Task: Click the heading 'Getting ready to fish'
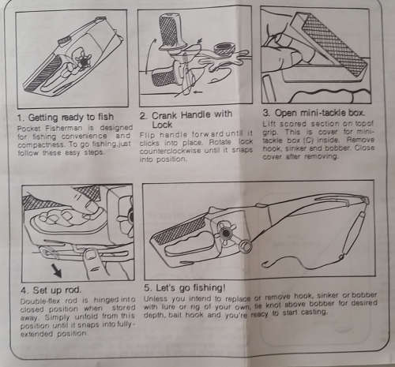pos(71,118)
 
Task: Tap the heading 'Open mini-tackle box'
pos(320,113)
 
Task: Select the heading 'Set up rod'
pos(57,290)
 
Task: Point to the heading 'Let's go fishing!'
pos(190,288)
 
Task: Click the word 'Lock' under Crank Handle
pos(162,125)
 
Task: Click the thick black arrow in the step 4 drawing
pos(57,271)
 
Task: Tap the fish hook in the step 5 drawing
pos(267,264)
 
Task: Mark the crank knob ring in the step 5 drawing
pos(246,245)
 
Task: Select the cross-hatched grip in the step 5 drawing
pos(179,230)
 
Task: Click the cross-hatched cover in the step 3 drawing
pos(334,45)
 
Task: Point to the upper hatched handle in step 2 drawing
pos(169,32)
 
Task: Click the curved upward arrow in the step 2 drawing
pos(149,55)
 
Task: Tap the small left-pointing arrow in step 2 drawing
pos(198,92)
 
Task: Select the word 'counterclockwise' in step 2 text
pos(170,152)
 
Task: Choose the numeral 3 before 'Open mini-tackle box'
pos(266,113)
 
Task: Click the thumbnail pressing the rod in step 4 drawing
pos(92,254)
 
